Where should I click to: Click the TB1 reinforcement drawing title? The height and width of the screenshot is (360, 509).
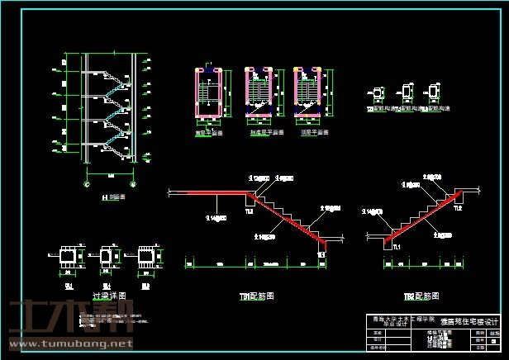257,295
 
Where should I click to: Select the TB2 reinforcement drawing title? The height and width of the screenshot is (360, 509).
421,296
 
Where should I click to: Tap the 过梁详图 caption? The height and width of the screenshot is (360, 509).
109,295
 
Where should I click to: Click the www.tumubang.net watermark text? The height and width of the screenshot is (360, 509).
69,343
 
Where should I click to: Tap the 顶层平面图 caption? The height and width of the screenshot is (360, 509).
314,132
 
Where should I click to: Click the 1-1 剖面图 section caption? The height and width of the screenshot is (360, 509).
112,198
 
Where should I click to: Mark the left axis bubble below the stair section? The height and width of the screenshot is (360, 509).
87,185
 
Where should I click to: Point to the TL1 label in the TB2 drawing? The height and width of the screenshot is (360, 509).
396,247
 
